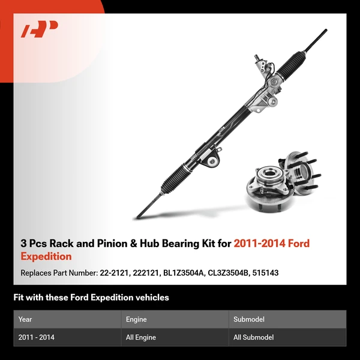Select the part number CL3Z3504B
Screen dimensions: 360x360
[233, 273]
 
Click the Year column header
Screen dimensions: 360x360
[25, 319]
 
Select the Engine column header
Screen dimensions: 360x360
[137, 319]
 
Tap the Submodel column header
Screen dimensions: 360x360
[248, 319]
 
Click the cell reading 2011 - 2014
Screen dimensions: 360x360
[37, 337]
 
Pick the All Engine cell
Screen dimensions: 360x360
[141, 337]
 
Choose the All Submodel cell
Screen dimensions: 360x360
[253, 337]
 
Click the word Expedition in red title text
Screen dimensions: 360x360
[46, 256]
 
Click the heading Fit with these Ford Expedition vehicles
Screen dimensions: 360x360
[91, 298]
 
